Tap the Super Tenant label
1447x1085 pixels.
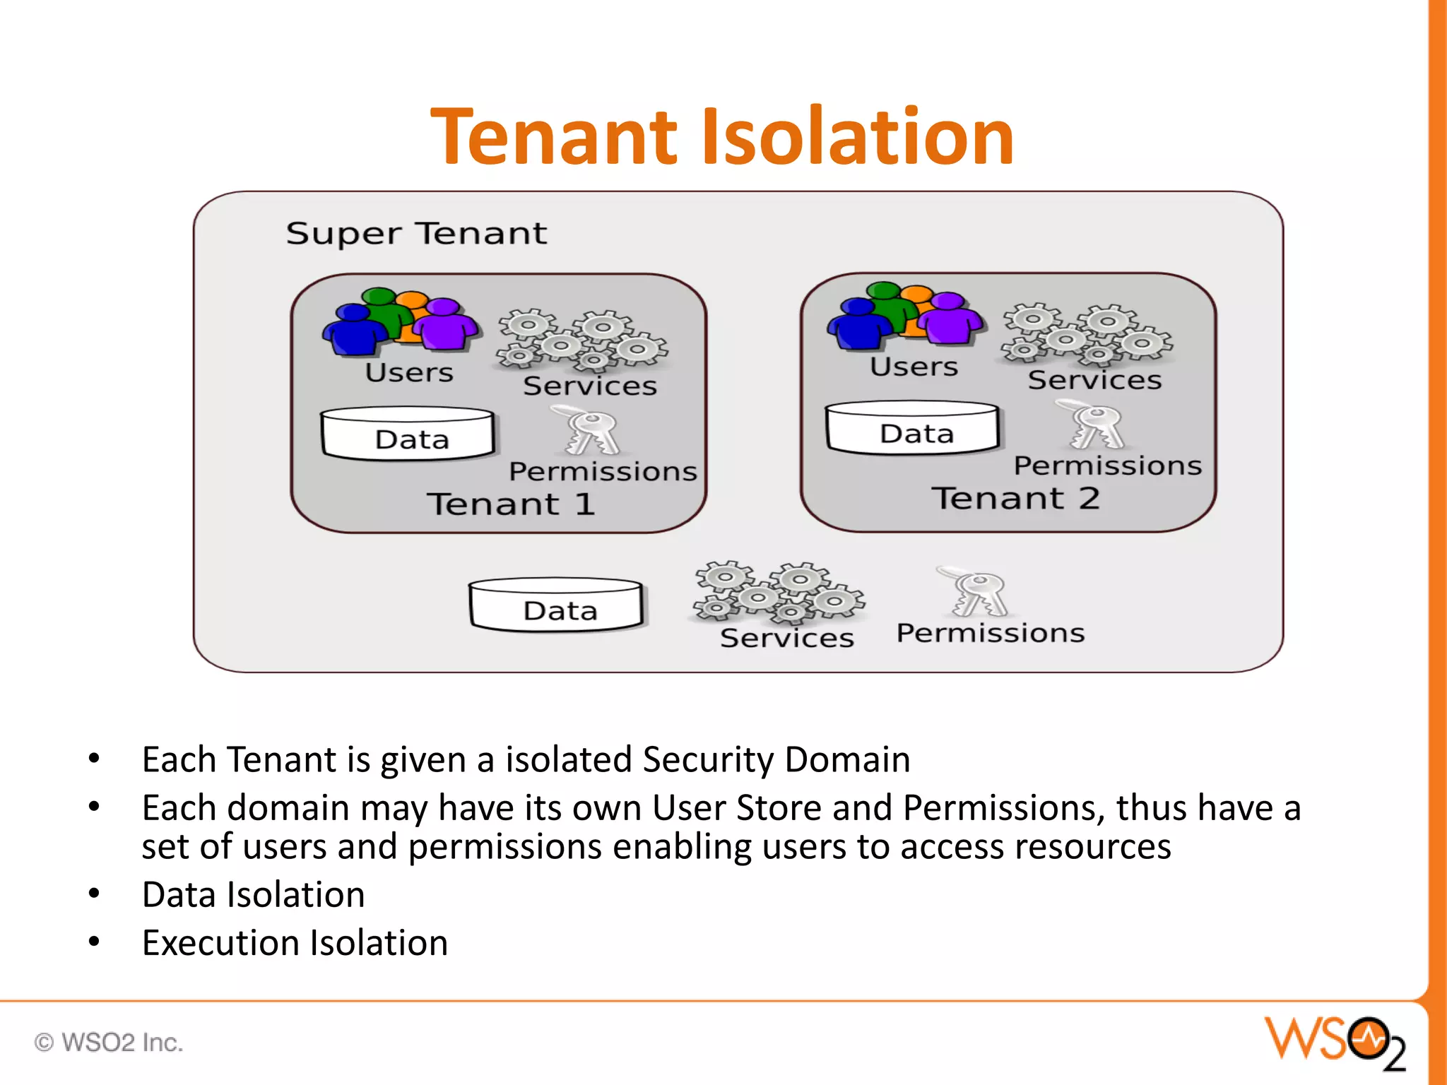[416, 234]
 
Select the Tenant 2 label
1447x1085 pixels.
[1016, 498]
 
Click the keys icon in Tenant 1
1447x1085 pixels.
[591, 430]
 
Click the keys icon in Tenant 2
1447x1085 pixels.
[1096, 425]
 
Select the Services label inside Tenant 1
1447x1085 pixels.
[590, 386]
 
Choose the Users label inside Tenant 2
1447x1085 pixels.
[914, 367]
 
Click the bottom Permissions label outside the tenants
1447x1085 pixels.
[990, 633]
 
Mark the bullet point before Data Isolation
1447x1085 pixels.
[94, 894]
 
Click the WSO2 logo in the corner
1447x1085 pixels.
[1335, 1041]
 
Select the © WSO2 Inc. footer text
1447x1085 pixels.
[109, 1042]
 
